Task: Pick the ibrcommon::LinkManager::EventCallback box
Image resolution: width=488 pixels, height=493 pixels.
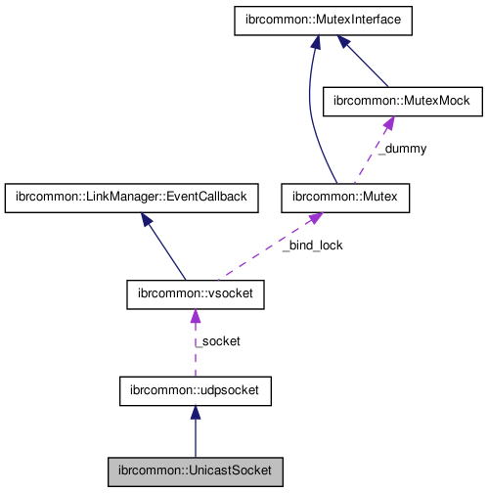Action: point(131,199)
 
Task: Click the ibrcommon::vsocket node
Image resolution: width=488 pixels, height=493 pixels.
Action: point(195,293)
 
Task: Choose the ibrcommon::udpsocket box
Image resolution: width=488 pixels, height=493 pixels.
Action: point(195,391)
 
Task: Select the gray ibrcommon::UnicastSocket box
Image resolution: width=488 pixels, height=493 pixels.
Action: point(195,471)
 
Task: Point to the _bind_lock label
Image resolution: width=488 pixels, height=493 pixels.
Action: point(312,246)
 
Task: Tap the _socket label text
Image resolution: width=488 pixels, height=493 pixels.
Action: point(216,341)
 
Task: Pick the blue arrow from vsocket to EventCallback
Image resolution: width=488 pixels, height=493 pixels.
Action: point(166,248)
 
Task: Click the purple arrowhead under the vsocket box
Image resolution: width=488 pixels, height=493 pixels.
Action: point(195,316)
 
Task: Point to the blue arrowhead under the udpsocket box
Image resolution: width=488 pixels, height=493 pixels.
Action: point(195,414)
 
